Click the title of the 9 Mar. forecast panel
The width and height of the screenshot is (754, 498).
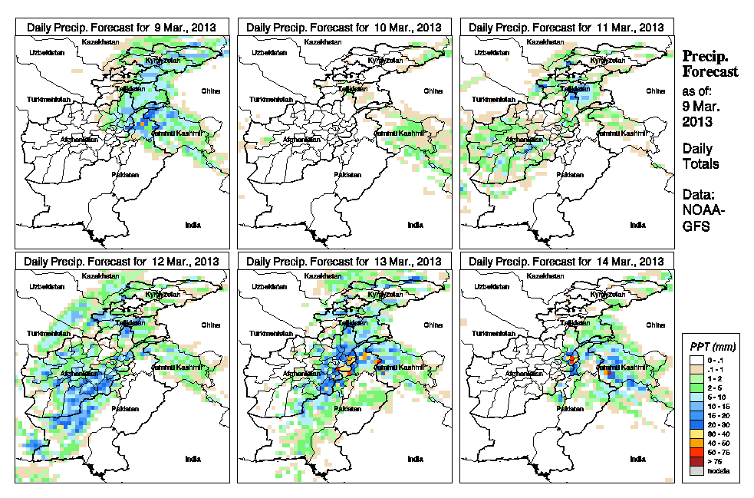pos(121,27)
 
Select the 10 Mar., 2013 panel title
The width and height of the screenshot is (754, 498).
pos(344,27)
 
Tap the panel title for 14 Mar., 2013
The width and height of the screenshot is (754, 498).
pos(566,262)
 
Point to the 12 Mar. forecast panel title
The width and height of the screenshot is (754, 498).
pos(121,262)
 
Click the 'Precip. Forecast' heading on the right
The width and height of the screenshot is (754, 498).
pos(710,64)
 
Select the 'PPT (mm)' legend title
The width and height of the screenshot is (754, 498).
pos(711,348)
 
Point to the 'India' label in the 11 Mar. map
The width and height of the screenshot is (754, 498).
pos(637,225)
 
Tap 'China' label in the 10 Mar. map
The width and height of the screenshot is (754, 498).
pos(433,91)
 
